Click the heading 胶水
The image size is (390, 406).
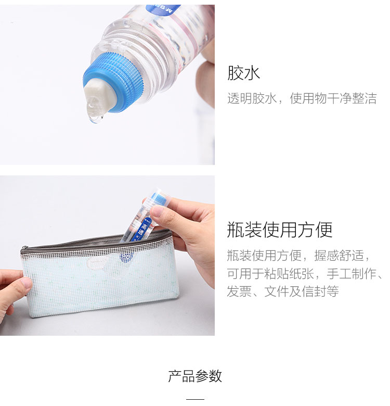pyautogui.click(x=243, y=73)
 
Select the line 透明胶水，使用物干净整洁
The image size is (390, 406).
pyautogui.click(x=302, y=98)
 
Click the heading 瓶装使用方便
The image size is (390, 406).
pyautogui.click(x=280, y=230)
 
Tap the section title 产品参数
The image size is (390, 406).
pyautogui.click(x=195, y=376)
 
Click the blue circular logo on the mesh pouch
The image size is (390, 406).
pyautogui.click(x=126, y=257)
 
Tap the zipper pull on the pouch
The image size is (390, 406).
pyautogui.click(x=24, y=250)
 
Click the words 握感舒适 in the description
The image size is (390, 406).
pyautogui.click(x=339, y=255)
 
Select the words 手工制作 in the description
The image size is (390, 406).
pyautogui.click(x=352, y=273)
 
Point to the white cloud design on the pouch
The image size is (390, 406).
pyautogui.click(x=98, y=263)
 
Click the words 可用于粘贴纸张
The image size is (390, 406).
pyautogui.click(x=270, y=273)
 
